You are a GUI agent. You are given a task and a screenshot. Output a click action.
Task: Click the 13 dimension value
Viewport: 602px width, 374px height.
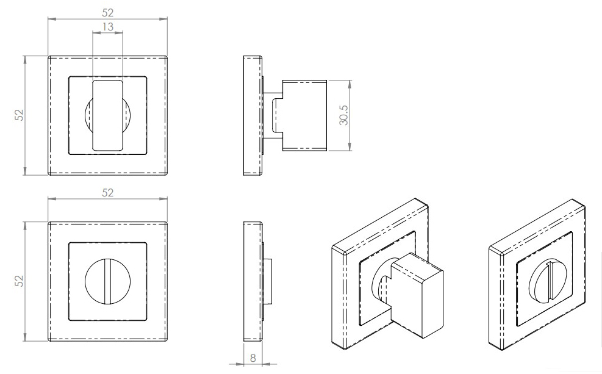(x=107, y=27)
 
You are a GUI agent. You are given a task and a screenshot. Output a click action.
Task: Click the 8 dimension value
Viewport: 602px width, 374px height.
(x=253, y=358)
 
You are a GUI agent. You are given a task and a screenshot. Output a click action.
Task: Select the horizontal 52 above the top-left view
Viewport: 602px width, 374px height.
(x=107, y=12)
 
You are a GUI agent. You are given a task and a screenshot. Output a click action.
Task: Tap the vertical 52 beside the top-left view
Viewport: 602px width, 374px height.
(x=19, y=115)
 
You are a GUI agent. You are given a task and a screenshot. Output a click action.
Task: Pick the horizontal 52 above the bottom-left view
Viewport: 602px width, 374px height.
(x=107, y=192)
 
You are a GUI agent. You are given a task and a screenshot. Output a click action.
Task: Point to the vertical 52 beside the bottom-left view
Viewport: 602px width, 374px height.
(x=19, y=281)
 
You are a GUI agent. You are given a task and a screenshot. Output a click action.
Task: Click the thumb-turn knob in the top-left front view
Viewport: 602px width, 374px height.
(x=107, y=114)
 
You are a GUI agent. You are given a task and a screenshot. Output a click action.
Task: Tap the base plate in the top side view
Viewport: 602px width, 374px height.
(x=253, y=116)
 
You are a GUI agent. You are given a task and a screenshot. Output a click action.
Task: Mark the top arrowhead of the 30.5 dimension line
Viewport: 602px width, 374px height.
(x=349, y=82)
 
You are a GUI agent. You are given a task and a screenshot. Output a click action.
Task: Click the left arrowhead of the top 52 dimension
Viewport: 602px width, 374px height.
(x=51, y=19)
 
